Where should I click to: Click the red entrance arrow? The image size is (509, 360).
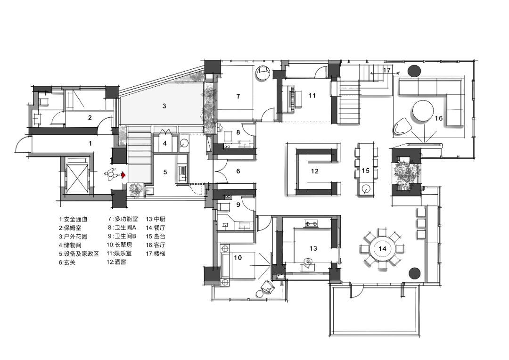click(x=123, y=175)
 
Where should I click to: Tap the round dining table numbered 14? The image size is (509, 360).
click(x=382, y=249)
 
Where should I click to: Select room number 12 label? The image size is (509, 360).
click(x=314, y=171)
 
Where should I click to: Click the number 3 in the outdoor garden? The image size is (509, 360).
click(x=164, y=106)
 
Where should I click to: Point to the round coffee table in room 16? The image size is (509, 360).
click(x=423, y=111)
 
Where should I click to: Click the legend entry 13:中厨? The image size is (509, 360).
click(x=156, y=219)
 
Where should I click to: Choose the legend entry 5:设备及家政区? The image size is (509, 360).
click(x=79, y=254)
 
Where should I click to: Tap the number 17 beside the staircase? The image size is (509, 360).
click(x=386, y=70)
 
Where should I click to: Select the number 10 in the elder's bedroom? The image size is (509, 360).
click(x=238, y=257)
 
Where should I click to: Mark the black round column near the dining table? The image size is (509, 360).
click(x=415, y=273)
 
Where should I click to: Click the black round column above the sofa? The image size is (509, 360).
click(x=414, y=71)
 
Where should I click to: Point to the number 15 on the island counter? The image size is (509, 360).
click(x=366, y=171)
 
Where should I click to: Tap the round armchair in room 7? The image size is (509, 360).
click(x=263, y=73)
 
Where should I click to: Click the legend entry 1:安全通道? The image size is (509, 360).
click(x=73, y=220)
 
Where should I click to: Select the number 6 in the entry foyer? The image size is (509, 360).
click(x=238, y=171)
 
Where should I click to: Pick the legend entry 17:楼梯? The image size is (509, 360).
click(x=156, y=254)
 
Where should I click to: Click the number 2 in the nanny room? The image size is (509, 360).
click(x=90, y=117)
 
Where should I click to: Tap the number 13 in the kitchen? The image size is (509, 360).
click(x=313, y=248)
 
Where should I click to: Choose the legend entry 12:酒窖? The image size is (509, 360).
click(x=116, y=262)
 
